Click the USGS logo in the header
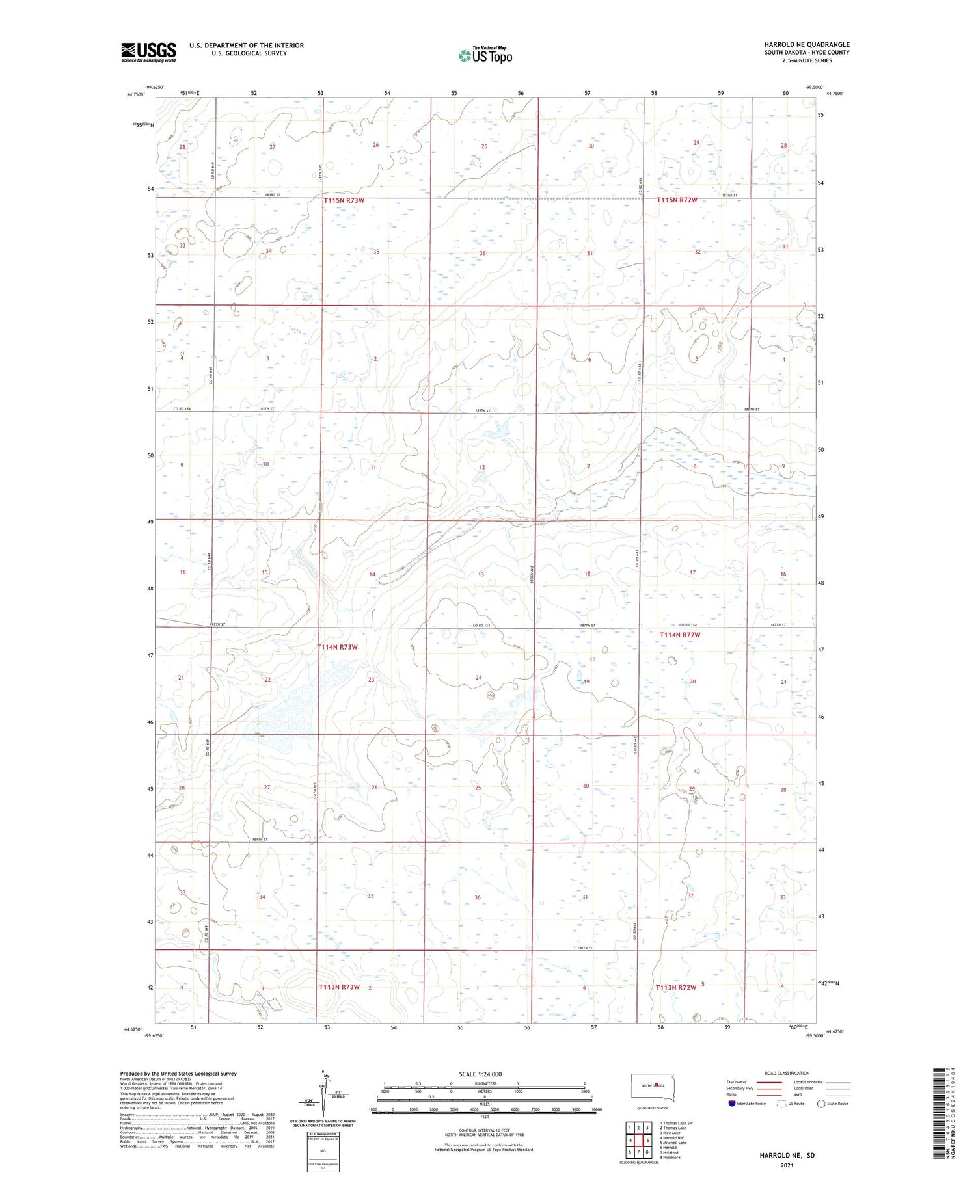click(x=148, y=52)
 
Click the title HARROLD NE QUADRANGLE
click(x=807, y=44)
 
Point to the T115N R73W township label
click(x=344, y=201)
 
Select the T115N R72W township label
click(x=677, y=200)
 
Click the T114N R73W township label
click(x=338, y=647)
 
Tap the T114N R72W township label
click(x=680, y=635)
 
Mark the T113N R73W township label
click(x=339, y=987)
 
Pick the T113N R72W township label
click(x=676, y=987)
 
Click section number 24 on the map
click(x=478, y=678)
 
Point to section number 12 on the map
click(x=482, y=468)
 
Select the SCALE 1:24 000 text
click(x=484, y=1074)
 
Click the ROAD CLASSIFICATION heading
click(x=787, y=1073)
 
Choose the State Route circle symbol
click(x=821, y=1103)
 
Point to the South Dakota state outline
click(x=653, y=1085)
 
